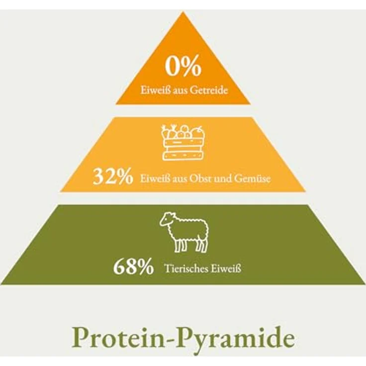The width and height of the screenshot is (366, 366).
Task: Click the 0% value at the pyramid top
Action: (x=183, y=66)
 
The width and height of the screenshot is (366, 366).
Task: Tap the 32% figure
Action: (x=113, y=177)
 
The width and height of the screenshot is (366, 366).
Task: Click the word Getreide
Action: (x=208, y=90)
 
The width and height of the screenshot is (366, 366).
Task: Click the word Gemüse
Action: (x=252, y=179)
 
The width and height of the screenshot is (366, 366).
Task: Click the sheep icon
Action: (x=184, y=232)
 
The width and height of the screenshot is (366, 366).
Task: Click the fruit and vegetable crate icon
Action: (x=183, y=143)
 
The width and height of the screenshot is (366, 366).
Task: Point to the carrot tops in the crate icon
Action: (x=169, y=127)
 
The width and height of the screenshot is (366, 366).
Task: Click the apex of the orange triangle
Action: (x=183, y=11)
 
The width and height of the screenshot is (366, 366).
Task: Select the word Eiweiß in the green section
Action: (x=226, y=269)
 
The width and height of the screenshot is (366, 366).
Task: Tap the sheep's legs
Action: (x=190, y=245)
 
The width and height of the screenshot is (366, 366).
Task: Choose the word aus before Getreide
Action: (x=180, y=91)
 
